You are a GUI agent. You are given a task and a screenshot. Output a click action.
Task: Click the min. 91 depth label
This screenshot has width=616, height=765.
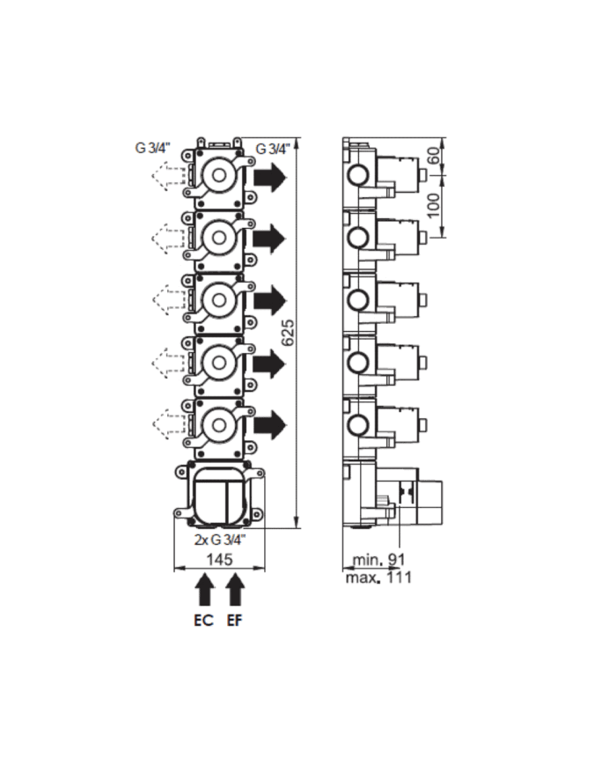[x=378, y=560]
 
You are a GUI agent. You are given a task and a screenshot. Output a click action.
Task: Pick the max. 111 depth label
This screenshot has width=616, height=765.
[x=378, y=577]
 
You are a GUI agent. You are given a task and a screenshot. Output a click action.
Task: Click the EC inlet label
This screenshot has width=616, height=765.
[x=203, y=620]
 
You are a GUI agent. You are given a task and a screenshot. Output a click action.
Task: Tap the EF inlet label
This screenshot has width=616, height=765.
[x=235, y=620]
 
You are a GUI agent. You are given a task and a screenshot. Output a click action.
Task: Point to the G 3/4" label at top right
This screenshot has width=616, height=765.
[x=272, y=149]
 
